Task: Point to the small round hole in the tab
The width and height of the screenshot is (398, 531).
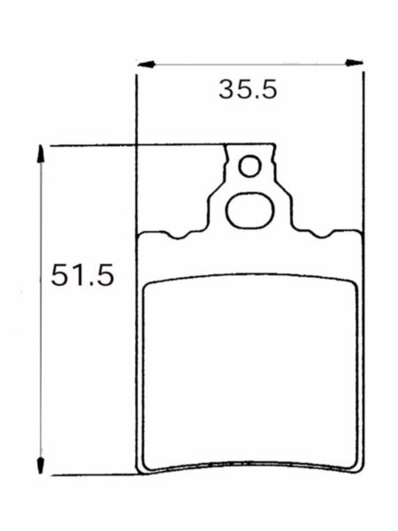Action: (x=251, y=166)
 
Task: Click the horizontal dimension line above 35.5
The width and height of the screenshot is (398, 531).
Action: (x=250, y=63)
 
